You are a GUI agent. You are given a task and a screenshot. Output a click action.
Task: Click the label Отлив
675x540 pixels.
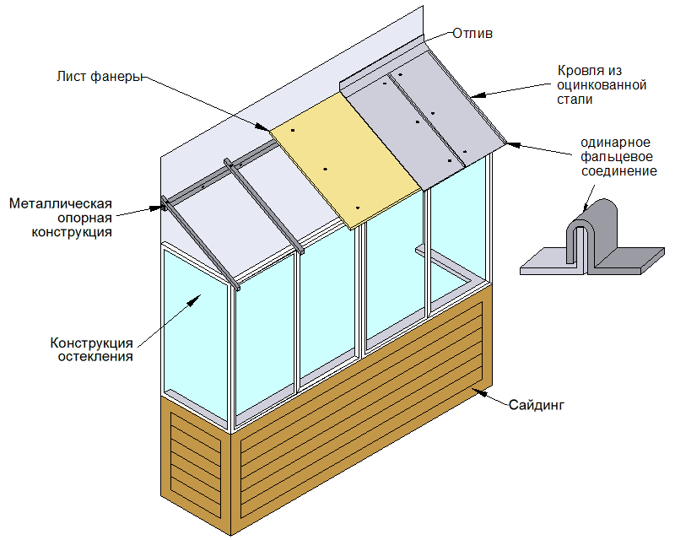click(x=472, y=35)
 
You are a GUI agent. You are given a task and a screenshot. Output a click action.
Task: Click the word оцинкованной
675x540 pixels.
click(x=602, y=85)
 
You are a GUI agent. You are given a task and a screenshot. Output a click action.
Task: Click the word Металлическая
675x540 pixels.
click(x=61, y=203)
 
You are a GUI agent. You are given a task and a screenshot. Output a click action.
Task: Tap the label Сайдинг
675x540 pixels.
click(x=535, y=405)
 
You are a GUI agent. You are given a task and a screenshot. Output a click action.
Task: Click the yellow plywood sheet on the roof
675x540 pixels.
click(x=346, y=160)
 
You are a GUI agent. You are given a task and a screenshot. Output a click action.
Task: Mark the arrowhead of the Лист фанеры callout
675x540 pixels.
click(x=267, y=129)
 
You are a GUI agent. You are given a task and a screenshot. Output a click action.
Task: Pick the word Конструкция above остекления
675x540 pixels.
click(x=92, y=343)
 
